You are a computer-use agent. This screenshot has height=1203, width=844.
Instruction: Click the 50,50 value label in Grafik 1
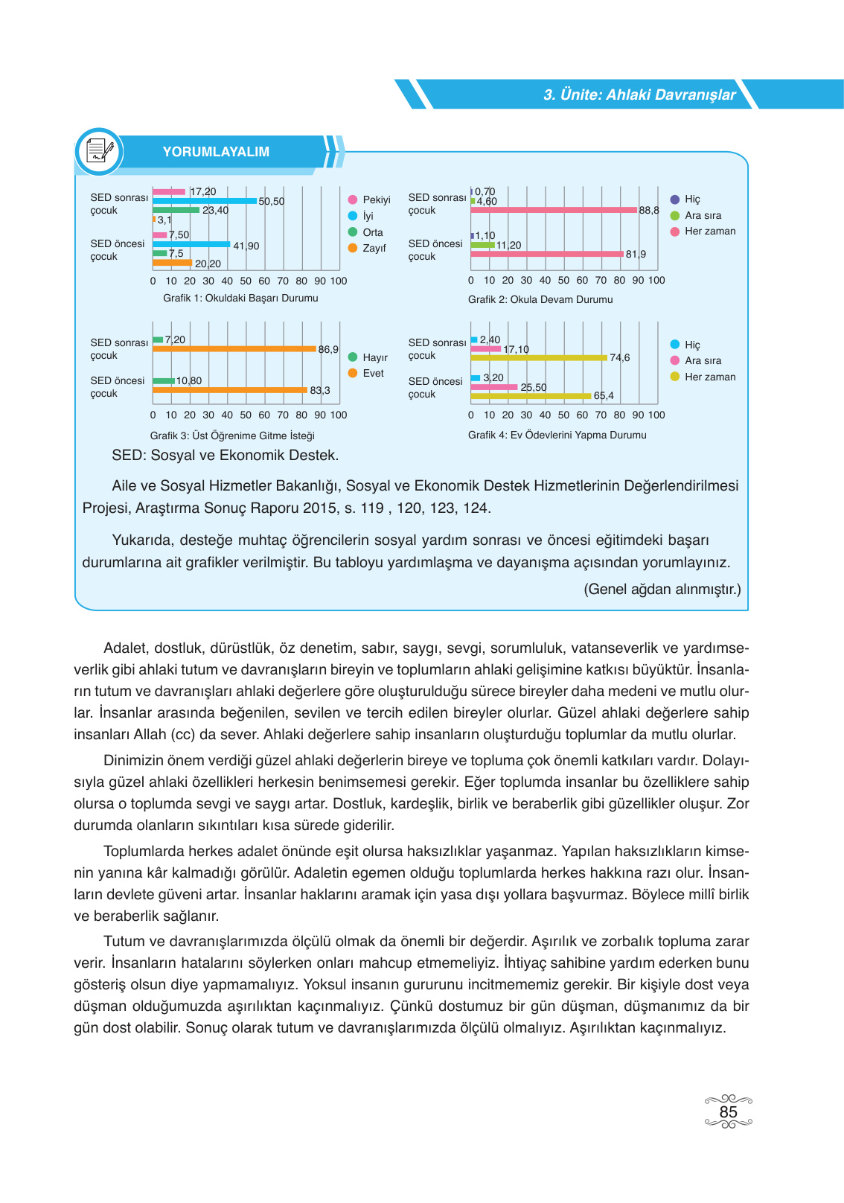pyautogui.click(x=271, y=202)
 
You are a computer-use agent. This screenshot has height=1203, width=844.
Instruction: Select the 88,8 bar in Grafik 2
pyautogui.click(x=554, y=210)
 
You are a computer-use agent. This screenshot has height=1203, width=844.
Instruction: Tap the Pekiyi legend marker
pyautogui.click(x=353, y=200)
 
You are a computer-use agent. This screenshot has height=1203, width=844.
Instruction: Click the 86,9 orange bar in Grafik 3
pyautogui.click(x=234, y=348)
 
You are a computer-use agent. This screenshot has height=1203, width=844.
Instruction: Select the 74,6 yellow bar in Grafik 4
pyautogui.click(x=539, y=358)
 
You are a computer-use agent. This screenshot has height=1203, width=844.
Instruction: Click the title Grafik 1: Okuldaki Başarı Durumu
pyautogui.click(x=240, y=298)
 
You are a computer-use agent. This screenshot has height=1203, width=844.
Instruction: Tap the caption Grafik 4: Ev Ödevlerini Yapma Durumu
pyautogui.click(x=557, y=435)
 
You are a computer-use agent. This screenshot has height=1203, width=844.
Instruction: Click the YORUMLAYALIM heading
pyautogui.click(x=216, y=152)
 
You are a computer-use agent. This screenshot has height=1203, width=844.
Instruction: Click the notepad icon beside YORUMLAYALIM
pyautogui.click(x=98, y=151)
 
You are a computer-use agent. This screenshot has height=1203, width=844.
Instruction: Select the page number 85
pyautogui.click(x=728, y=1112)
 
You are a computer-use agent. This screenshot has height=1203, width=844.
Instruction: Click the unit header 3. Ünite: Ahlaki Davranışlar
pyautogui.click(x=639, y=95)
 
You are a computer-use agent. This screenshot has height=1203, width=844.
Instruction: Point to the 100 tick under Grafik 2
pyautogui.click(x=656, y=281)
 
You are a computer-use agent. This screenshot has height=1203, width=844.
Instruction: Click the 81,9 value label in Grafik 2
pyautogui.click(x=636, y=254)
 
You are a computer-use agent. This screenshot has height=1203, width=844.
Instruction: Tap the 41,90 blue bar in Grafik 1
pyautogui.click(x=191, y=244)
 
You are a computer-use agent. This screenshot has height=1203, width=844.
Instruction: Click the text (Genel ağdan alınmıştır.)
pyautogui.click(x=662, y=589)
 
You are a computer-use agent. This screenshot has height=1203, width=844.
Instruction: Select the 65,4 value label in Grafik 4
pyautogui.click(x=604, y=396)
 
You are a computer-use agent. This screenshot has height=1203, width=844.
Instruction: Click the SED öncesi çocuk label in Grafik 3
pyautogui.click(x=117, y=387)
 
